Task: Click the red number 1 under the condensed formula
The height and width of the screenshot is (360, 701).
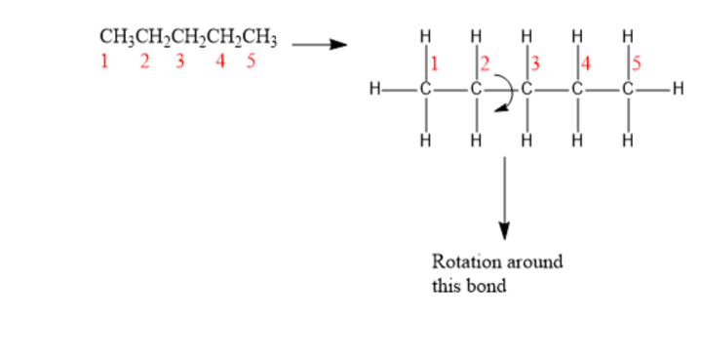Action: (104, 60)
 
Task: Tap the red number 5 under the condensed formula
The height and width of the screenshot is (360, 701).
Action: (251, 60)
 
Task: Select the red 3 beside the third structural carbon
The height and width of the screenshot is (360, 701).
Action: (534, 63)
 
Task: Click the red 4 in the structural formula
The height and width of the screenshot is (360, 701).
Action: (586, 63)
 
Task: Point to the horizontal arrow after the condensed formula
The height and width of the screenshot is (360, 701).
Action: (319, 44)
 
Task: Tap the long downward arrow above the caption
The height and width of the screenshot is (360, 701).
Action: (504, 198)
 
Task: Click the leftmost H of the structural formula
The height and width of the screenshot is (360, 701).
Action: (375, 90)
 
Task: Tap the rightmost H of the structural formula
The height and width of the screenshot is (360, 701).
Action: (679, 89)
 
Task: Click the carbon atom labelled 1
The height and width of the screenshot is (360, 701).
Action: (425, 90)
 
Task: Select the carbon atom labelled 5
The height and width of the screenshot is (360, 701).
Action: (628, 90)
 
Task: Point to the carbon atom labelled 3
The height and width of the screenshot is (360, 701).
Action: (526, 90)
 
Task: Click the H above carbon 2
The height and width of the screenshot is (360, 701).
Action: (476, 36)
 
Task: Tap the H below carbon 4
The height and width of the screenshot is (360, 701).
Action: (577, 141)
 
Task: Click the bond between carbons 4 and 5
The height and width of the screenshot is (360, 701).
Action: (603, 90)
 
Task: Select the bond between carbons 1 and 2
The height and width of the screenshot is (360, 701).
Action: (450, 90)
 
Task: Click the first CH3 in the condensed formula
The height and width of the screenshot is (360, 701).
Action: (117, 38)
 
